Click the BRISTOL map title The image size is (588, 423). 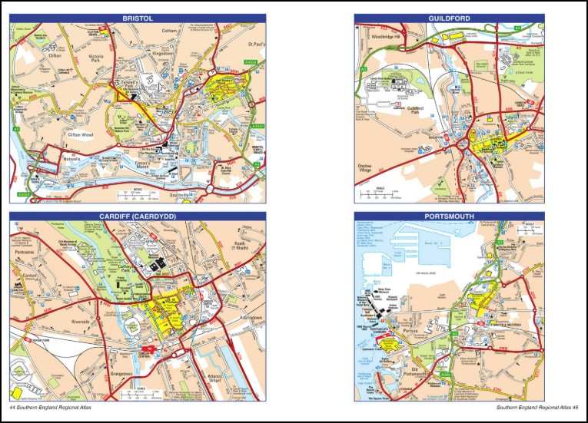[138, 18]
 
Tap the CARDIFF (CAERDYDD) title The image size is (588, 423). [138, 216]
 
